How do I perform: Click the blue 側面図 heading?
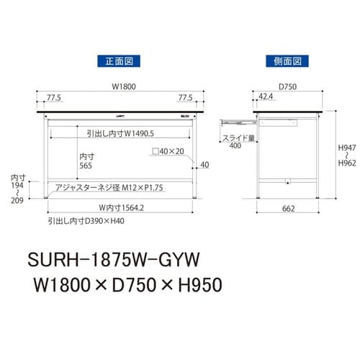point(287,61)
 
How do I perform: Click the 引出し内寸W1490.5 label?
point(119,132)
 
